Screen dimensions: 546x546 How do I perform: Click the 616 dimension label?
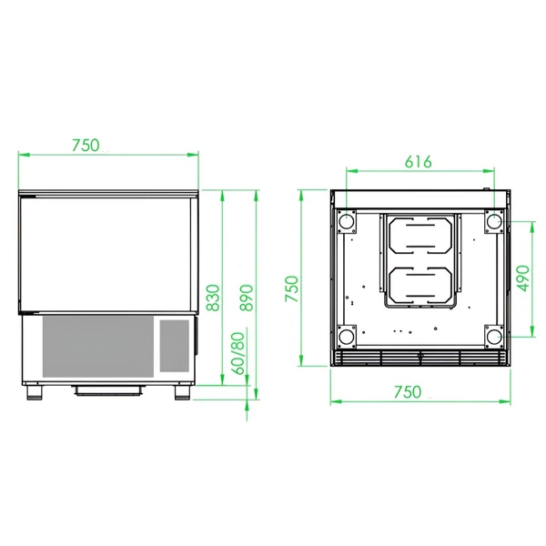coord(419,162)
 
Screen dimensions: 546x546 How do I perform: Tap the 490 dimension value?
coord(523,278)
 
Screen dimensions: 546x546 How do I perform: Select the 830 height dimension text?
coord(213,298)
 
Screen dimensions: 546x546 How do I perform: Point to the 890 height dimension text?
coord(247,298)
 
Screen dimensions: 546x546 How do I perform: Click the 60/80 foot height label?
coord(238,353)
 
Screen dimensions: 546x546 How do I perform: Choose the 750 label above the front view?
coord(86,146)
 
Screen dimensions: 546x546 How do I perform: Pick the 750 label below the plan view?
coord(408,392)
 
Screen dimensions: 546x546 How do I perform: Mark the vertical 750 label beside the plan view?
coord(292,288)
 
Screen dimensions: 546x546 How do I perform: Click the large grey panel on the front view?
coord(98,346)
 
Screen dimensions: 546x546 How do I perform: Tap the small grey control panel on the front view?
coord(175,346)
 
